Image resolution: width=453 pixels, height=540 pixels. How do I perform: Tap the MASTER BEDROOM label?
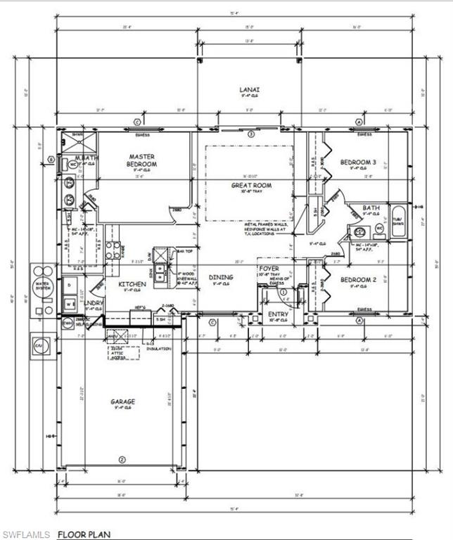pyautogui.click(x=141, y=160)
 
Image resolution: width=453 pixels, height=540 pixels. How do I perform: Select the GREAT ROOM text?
pyautogui.click(x=251, y=186)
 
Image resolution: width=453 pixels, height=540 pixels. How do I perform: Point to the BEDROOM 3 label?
pyautogui.click(x=358, y=162)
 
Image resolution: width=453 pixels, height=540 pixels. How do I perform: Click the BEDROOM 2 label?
pyautogui.click(x=358, y=280)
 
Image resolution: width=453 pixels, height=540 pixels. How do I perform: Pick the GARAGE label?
pyautogui.click(x=122, y=402)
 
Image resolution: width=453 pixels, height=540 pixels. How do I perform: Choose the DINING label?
pyautogui.click(x=221, y=278)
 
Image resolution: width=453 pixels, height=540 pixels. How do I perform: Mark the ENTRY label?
pyautogui.click(x=278, y=314)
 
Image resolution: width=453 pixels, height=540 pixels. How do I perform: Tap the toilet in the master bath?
pyautogui.click(x=73, y=164)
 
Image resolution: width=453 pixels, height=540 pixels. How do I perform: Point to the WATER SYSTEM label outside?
pyautogui.click(x=43, y=284)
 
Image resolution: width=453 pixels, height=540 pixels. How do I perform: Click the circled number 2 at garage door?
pyautogui.click(x=122, y=460)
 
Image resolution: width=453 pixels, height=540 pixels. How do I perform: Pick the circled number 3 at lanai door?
pyautogui.click(x=251, y=134)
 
